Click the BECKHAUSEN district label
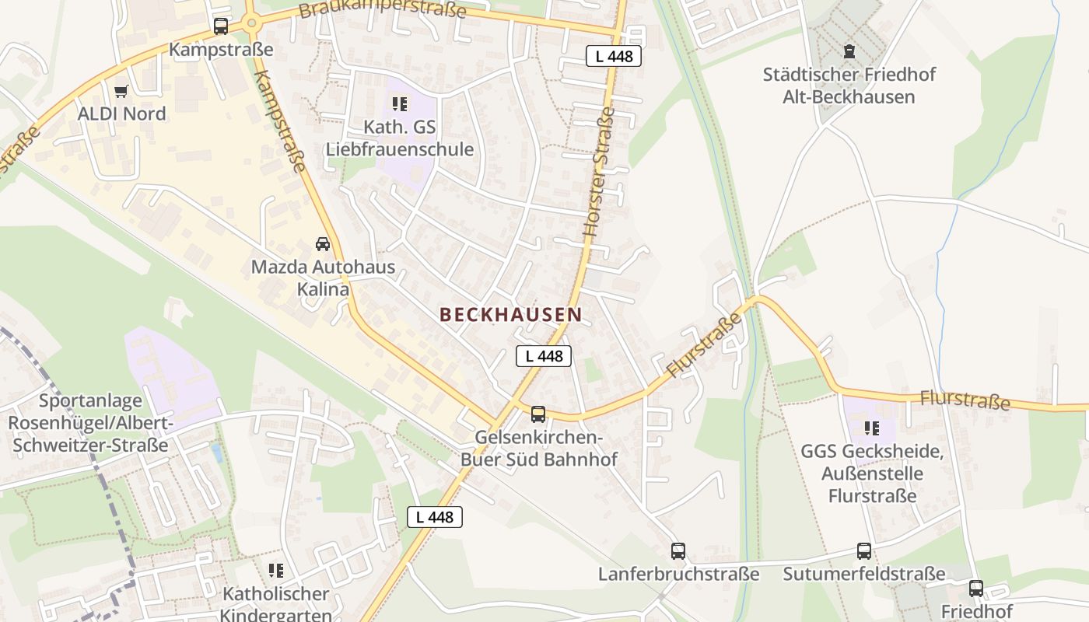[x=510, y=314]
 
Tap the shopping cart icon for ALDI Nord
[x=121, y=92]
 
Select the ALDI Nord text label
[x=121, y=114]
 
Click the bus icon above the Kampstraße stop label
[x=221, y=26]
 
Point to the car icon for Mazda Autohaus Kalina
[x=323, y=244]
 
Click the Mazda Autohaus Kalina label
[x=323, y=278]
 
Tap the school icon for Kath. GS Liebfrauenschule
[x=400, y=104]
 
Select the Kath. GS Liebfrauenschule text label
[x=400, y=138]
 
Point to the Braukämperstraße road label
[x=382, y=9]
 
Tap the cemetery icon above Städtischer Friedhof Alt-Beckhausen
[x=849, y=51]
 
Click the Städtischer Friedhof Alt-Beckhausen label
[x=849, y=86]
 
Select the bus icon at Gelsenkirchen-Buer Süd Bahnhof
[x=538, y=414]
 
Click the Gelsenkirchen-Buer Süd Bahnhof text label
[x=538, y=448]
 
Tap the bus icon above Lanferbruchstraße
[x=678, y=551]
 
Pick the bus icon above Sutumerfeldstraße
[x=864, y=551]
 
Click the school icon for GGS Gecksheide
[x=872, y=428]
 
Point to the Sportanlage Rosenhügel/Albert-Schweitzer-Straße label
[x=90, y=423]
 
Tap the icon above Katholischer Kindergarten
[x=275, y=571]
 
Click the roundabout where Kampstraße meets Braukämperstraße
[x=250, y=23]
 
